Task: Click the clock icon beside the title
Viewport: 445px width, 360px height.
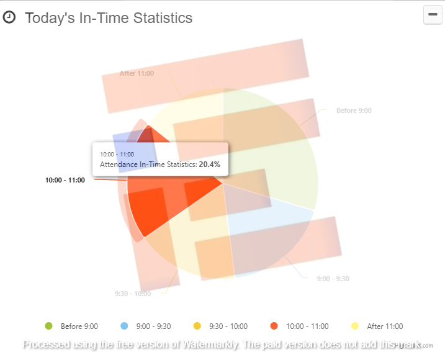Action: click(x=9, y=17)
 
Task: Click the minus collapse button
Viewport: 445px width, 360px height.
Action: click(x=433, y=14)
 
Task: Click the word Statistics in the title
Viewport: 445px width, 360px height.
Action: click(x=162, y=18)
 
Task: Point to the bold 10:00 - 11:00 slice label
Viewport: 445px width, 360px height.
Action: click(x=65, y=181)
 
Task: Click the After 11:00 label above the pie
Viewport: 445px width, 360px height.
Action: click(x=137, y=73)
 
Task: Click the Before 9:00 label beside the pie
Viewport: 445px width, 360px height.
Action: click(x=354, y=110)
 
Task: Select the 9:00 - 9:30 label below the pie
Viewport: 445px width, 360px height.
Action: click(x=333, y=279)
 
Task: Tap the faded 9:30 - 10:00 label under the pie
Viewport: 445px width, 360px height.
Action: click(x=133, y=294)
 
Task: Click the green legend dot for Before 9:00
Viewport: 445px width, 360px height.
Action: click(x=48, y=326)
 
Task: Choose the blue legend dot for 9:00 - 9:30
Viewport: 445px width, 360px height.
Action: click(x=124, y=326)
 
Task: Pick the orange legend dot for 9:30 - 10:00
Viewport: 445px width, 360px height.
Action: click(x=197, y=326)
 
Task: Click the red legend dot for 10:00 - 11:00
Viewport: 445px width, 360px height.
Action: click(x=274, y=326)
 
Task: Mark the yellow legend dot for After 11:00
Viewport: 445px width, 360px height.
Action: click(x=355, y=326)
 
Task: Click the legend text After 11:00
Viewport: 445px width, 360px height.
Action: click(x=385, y=326)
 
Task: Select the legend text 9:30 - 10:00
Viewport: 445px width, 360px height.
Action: click(x=230, y=326)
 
